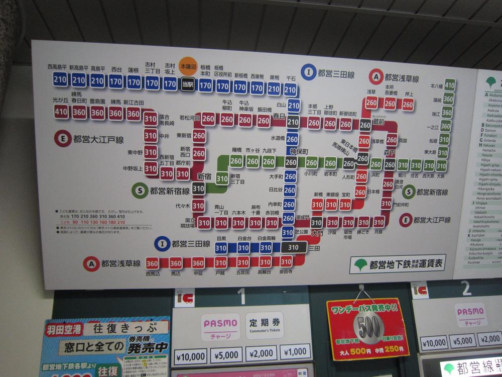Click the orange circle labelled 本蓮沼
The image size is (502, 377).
click(187, 66)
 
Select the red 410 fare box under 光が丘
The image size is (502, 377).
click(61, 112)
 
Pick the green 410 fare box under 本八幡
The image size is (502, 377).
click(449, 85)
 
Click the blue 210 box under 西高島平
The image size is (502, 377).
click(61, 79)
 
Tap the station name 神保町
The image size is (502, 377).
click(299, 151)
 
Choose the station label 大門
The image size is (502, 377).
click(317, 233)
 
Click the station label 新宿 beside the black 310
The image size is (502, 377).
click(204, 176)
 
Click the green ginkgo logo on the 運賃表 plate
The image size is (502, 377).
click(360, 264)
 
